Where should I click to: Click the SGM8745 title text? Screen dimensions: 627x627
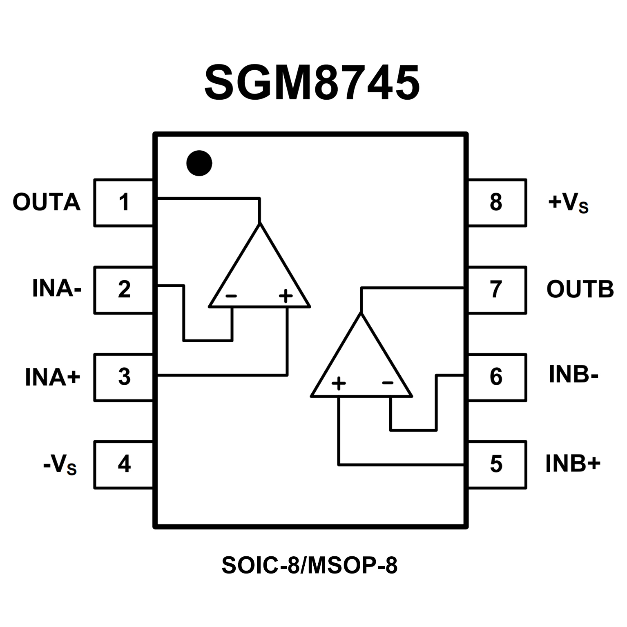tap(312, 83)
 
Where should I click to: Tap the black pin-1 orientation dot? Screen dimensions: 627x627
tap(199, 163)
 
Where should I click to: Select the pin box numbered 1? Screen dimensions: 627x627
tap(124, 202)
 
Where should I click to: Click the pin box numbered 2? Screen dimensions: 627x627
tap(124, 290)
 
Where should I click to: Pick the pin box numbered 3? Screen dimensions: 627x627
tap(124, 377)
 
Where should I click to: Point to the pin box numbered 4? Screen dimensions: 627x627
tap(124, 464)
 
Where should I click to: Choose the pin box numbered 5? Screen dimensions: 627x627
tap(496, 464)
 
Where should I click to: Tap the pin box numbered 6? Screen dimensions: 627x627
tap(496, 377)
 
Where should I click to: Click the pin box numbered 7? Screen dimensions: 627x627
tap(496, 290)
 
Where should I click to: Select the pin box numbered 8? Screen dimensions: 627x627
tap(496, 202)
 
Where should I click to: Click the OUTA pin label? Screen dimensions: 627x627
tap(46, 202)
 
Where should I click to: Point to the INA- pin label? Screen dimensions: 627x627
tap(57, 289)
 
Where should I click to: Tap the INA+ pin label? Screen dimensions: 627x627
tap(53, 377)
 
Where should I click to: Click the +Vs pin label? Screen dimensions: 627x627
tap(568, 203)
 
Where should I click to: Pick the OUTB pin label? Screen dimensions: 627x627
tap(580, 289)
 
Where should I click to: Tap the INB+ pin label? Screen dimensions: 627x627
tap(573, 463)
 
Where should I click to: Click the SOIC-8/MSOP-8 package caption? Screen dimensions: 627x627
tap(309, 565)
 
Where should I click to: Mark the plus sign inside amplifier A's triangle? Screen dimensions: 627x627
tap(286, 295)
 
